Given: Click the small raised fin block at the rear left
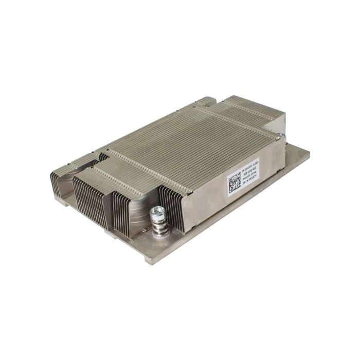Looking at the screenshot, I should (206, 101).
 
